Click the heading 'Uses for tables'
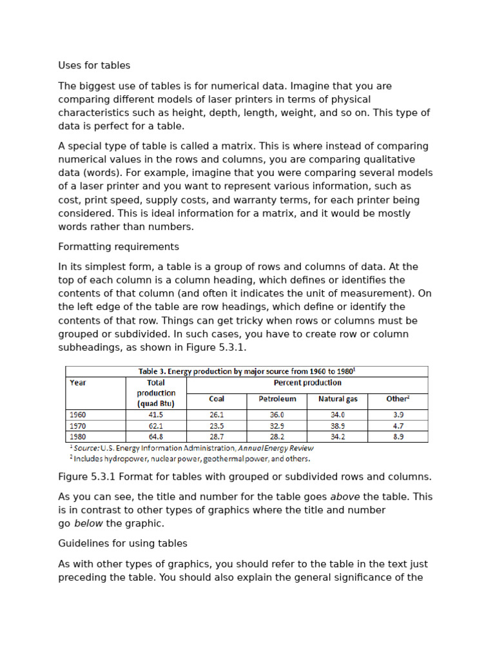click(94, 65)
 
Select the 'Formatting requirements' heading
click(119, 247)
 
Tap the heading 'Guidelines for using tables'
click(122, 543)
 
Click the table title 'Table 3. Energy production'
click(247, 371)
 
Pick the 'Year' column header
click(78, 382)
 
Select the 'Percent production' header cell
click(307, 382)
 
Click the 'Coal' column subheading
click(217, 399)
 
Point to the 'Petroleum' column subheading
click(277, 399)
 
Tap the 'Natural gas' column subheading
click(338, 399)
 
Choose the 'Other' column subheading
click(397, 399)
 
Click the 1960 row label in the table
click(78, 415)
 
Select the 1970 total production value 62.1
click(156, 426)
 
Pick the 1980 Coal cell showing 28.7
click(217, 436)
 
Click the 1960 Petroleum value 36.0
click(277, 415)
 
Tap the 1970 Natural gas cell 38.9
click(338, 426)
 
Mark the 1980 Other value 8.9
click(398, 436)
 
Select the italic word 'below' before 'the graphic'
click(88, 523)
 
